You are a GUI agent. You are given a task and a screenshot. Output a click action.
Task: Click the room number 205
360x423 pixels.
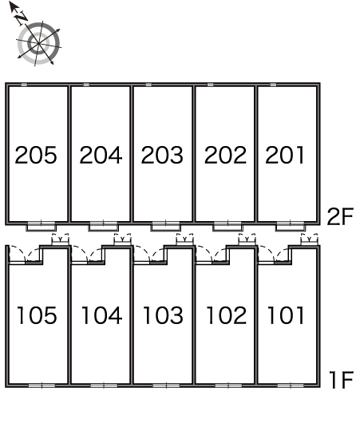pos(36,155)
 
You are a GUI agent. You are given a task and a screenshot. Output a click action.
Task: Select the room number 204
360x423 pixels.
pos(101,155)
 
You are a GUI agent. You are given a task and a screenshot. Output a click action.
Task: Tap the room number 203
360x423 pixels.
pos(162,155)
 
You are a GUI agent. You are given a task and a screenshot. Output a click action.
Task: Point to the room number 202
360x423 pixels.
pos(225,155)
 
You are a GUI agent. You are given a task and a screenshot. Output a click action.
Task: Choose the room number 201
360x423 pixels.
pos(285,155)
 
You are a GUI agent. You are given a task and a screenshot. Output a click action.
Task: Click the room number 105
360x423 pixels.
pos(37,315)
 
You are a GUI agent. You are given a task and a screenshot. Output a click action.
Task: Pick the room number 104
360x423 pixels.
pos(101,315)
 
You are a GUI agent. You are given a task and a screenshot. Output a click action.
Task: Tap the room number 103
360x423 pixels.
pos(163,315)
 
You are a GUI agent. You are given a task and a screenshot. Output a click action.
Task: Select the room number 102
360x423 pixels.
pos(226,315)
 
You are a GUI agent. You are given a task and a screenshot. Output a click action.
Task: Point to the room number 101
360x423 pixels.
pos(286,315)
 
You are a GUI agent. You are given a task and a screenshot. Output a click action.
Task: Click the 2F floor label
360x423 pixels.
pos(340,216)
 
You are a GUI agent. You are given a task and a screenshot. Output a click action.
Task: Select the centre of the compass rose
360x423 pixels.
pos(39,43)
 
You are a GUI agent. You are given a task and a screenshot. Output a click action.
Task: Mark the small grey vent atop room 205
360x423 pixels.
pos(24,85)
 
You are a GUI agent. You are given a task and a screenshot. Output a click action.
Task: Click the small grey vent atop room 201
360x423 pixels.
pos(273,85)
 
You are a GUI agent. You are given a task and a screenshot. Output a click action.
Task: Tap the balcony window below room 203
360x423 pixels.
pos(165,227)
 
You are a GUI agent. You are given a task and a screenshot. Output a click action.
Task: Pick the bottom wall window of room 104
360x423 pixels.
pos(104,385)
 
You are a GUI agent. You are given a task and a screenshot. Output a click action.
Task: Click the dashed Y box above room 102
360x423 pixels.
pos(247,239)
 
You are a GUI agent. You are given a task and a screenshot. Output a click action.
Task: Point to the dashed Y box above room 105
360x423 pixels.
pos(60,239)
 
